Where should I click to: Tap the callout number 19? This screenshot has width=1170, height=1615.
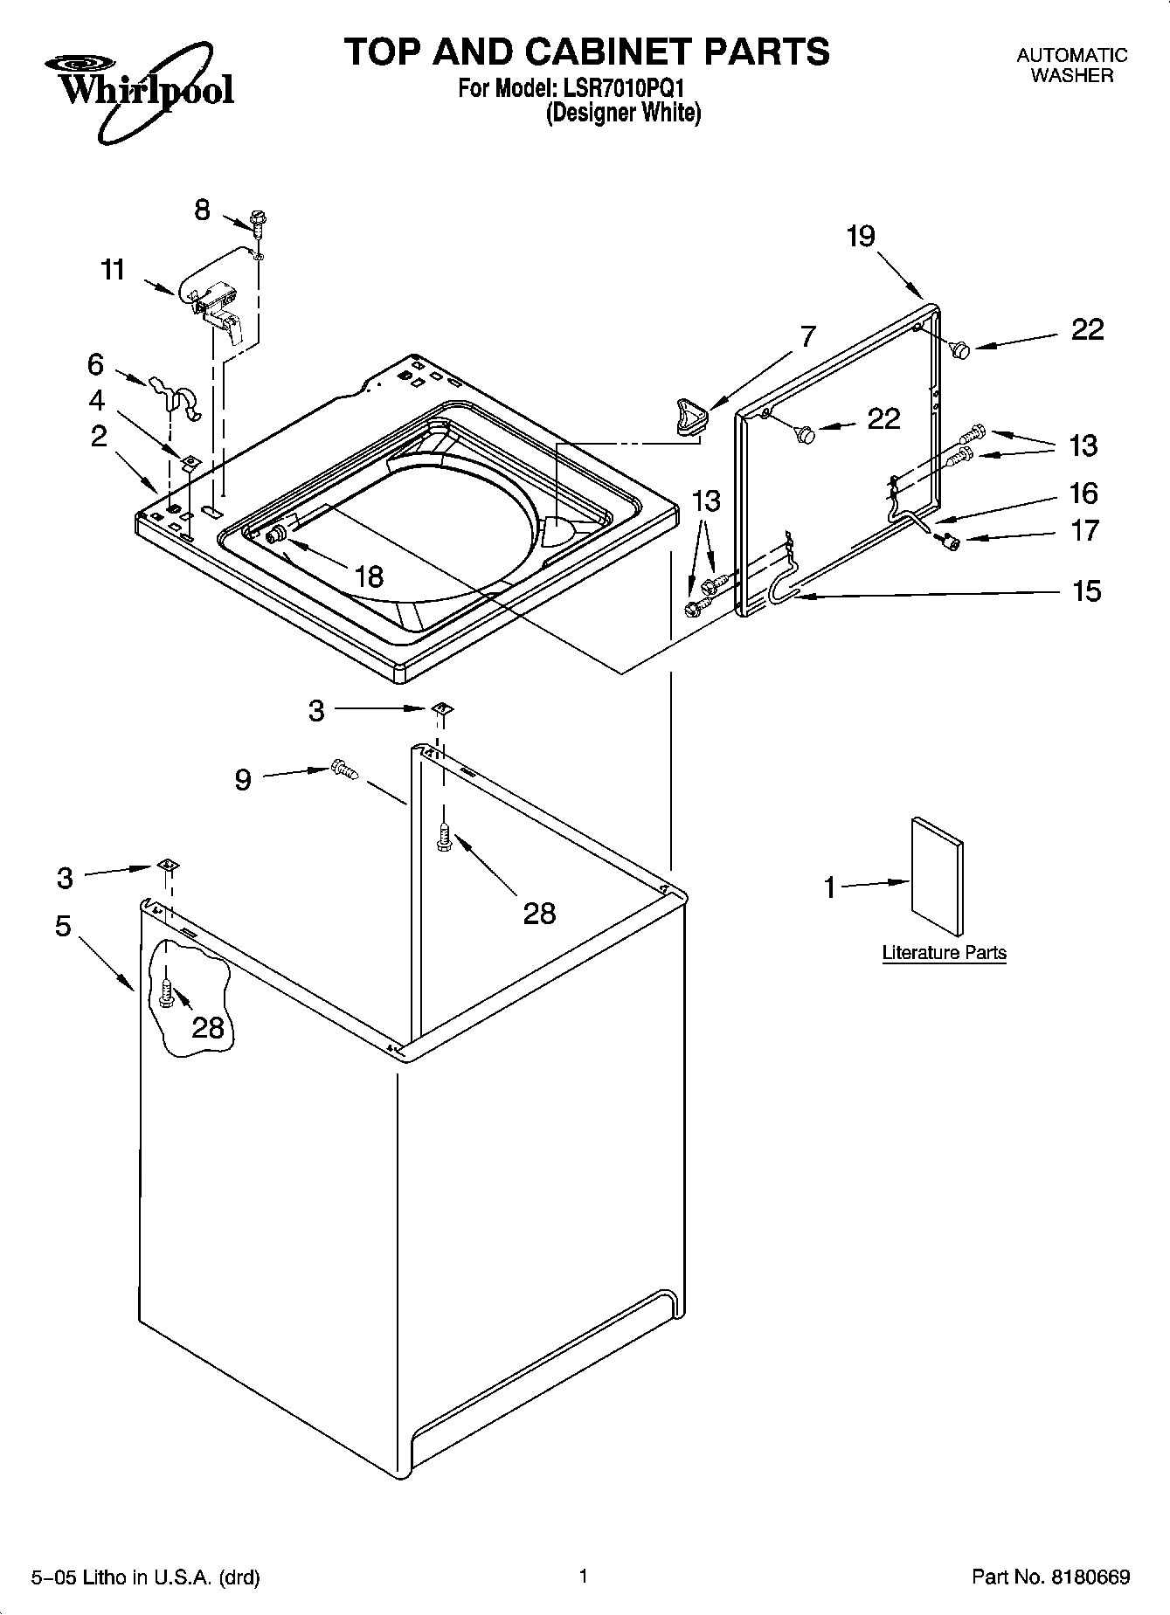click(x=861, y=236)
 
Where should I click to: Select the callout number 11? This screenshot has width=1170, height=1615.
click(x=113, y=270)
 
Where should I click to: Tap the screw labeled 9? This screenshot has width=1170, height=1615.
click(x=344, y=770)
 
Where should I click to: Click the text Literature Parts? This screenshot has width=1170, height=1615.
click(x=944, y=953)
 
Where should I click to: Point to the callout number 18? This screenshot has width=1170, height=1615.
click(x=370, y=576)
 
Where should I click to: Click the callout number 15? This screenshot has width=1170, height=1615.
click(x=1086, y=591)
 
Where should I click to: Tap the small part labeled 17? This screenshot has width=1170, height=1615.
click(x=948, y=542)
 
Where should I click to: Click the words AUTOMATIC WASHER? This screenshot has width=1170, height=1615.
click(x=1071, y=66)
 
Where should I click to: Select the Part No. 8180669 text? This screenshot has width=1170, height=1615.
click(x=1050, y=1577)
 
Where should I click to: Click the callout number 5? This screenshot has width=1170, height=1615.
click(x=63, y=925)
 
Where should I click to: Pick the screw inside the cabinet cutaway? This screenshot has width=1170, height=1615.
click(x=168, y=992)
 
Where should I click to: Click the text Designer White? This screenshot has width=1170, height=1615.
click(x=623, y=114)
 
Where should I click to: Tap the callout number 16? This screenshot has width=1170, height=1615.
click(x=1083, y=493)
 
